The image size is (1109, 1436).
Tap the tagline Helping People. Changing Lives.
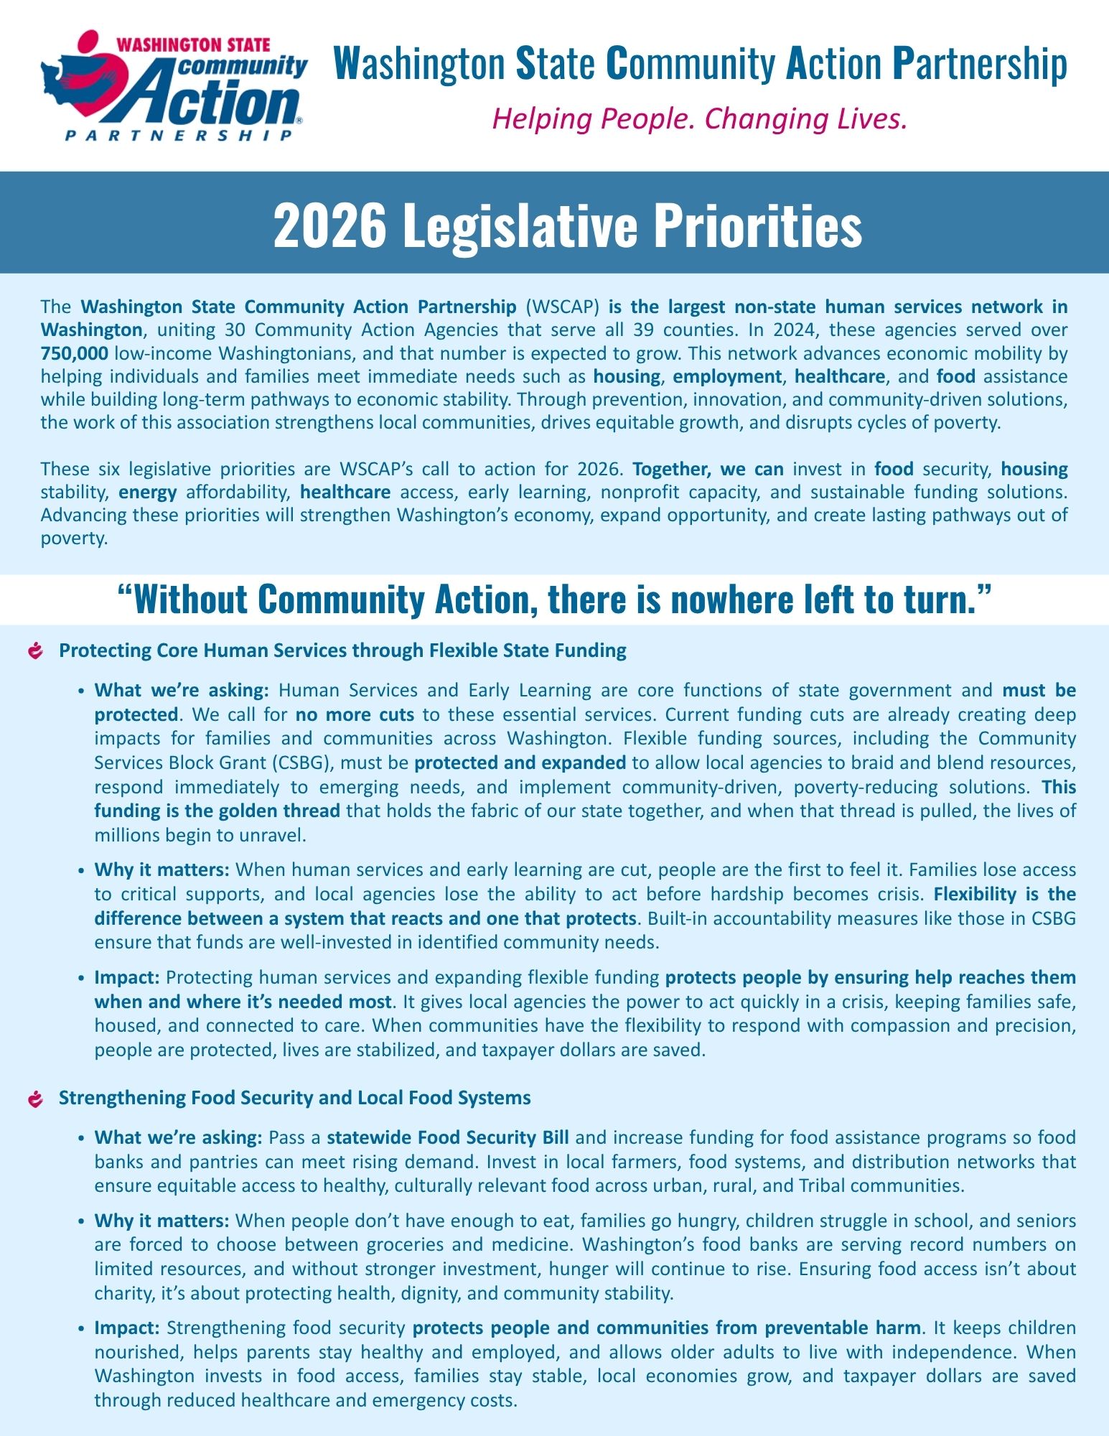(700, 119)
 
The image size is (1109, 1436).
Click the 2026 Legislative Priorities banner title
(567, 225)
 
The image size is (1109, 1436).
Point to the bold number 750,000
(74, 353)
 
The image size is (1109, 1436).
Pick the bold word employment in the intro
(726, 376)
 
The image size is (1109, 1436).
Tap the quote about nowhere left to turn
(554, 600)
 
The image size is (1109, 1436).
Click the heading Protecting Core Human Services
(342, 651)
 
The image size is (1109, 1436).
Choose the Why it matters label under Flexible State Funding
(162, 870)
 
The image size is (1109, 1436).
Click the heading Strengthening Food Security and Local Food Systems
(294, 1098)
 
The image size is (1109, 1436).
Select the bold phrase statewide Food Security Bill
(448, 1137)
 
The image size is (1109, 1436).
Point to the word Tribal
(825, 1185)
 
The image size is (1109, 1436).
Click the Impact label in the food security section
(127, 1328)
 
